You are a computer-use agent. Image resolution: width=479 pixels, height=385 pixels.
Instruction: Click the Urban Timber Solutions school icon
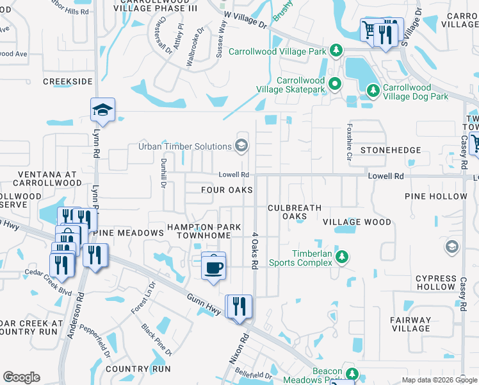click(241, 145)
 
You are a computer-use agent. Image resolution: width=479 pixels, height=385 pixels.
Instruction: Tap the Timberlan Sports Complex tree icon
click(343, 256)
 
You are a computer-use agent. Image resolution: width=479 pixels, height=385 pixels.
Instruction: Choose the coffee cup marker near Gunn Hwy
click(213, 266)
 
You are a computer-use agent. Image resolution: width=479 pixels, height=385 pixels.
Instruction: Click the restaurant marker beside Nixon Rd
click(239, 306)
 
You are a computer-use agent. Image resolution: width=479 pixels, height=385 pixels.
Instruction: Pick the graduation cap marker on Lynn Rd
click(102, 110)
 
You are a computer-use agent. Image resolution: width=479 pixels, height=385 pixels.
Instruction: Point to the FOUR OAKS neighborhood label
click(227, 190)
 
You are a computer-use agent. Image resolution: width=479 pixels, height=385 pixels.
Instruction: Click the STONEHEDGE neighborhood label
click(391, 150)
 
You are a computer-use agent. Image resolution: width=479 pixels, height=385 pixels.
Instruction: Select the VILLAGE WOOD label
click(357, 222)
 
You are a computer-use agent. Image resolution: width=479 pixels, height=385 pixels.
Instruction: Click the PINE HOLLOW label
click(436, 196)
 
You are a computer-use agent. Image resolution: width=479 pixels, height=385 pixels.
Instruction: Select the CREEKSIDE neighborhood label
click(68, 81)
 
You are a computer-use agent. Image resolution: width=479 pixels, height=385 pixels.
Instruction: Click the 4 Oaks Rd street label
click(254, 250)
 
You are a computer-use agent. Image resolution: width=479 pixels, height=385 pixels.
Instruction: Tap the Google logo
click(22, 377)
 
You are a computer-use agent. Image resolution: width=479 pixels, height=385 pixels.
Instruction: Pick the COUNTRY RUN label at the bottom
click(138, 369)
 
